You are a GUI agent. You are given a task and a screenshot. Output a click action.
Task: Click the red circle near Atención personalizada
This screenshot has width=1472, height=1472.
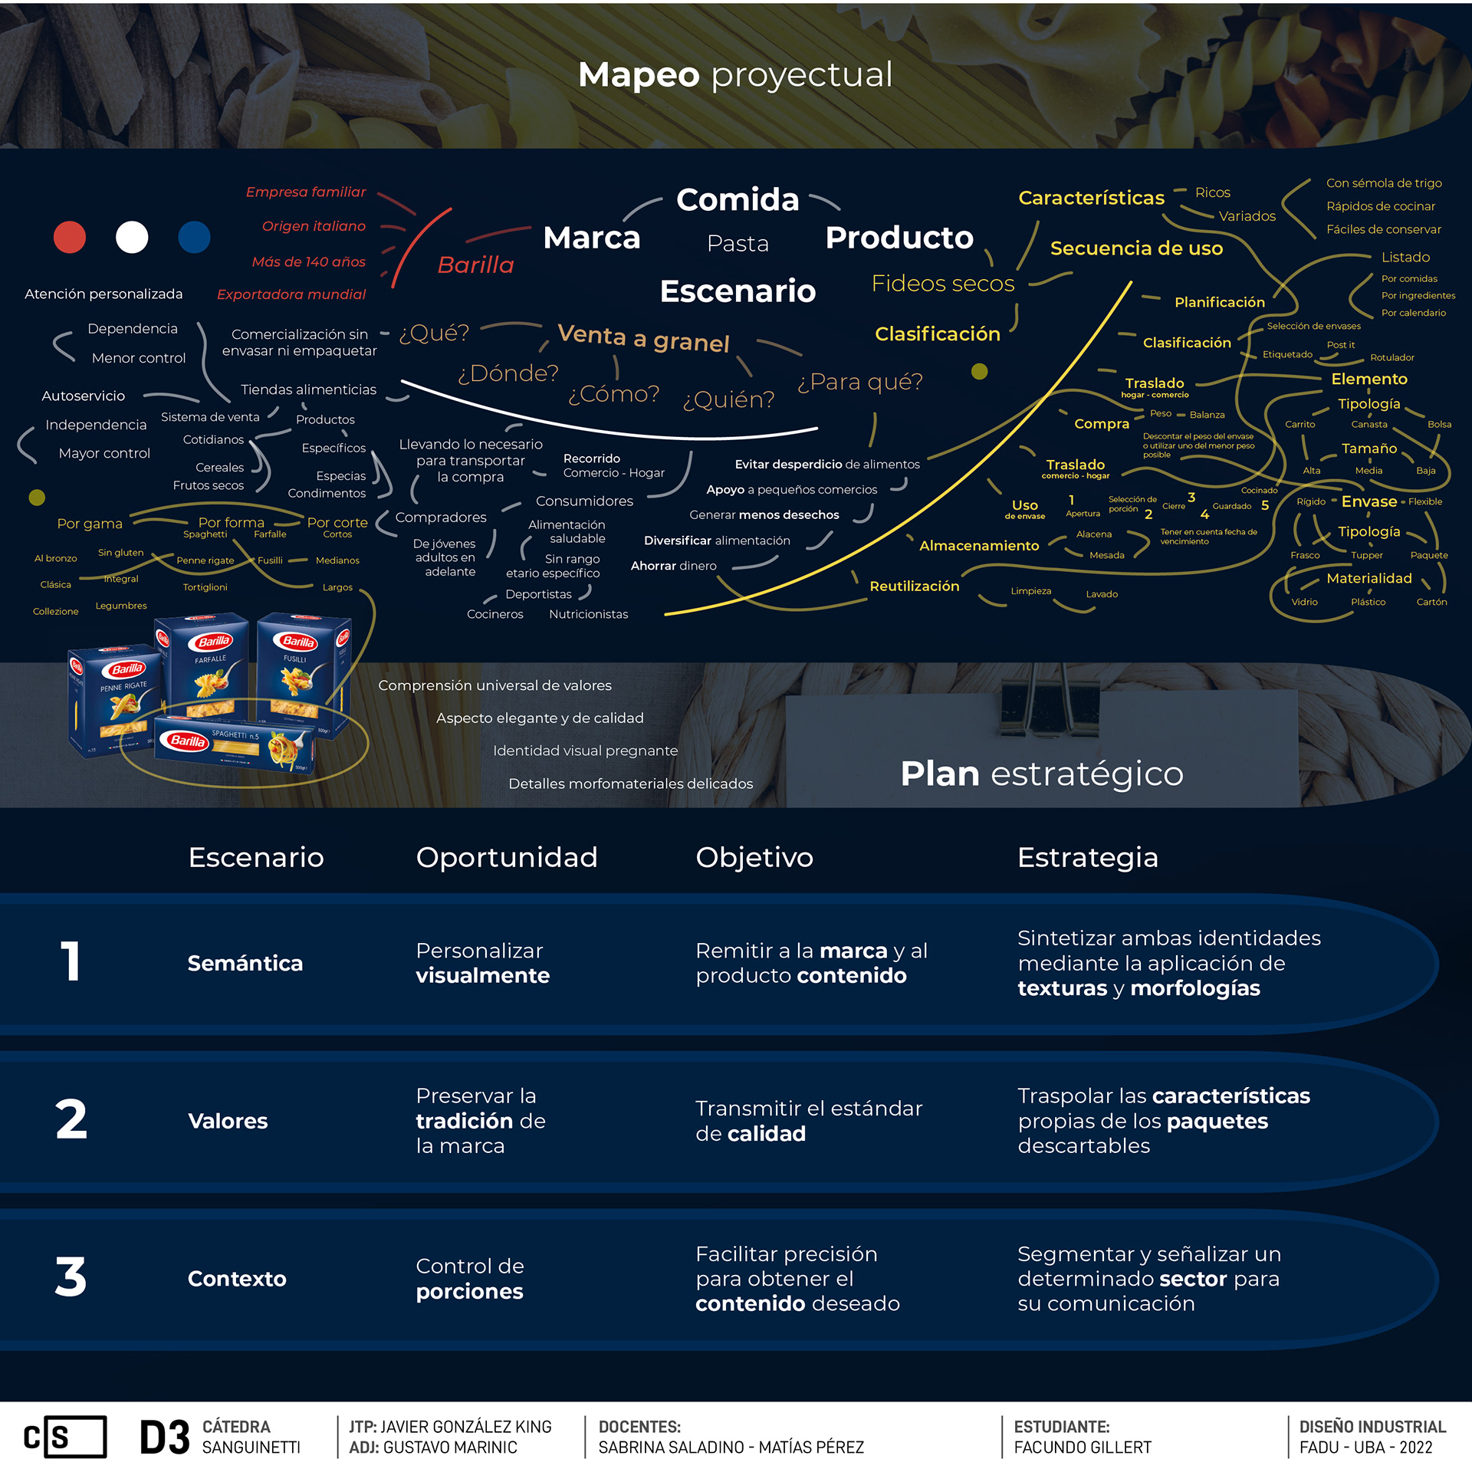pyautogui.click(x=70, y=237)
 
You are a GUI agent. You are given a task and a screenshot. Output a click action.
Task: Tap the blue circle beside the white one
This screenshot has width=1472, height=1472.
pyautogui.click(x=194, y=237)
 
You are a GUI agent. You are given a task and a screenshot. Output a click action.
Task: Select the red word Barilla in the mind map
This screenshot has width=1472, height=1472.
pyautogui.click(x=475, y=264)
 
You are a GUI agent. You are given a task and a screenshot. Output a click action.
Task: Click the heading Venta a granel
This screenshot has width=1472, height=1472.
pyautogui.click(x=643, y=338)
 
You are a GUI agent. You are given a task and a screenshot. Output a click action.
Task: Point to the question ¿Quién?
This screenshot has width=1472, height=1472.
pyautogui.click(x=728, y=399)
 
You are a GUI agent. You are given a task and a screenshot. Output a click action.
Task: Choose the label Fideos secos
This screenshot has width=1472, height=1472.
pyautogui.click(x=942, y=284)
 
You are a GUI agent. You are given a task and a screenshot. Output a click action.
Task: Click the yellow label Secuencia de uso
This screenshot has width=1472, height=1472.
pyautogui.click(x=1136, y=248)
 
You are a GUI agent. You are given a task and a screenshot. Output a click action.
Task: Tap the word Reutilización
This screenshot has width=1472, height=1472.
pyautogui.click(x=914, y=586)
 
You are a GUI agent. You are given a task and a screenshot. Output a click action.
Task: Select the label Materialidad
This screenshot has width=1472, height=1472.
pyautogui.click(x=1368, y=578)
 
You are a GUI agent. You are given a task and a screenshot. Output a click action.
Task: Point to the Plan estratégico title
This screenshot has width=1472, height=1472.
pyautogui.click(x=1041, y=774)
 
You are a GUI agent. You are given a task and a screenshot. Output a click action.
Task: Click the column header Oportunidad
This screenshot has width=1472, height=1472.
pyautogui.click(x=506, y=857)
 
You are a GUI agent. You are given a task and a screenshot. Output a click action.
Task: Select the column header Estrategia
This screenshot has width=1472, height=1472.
pyautogui.click(x=1087, y=857)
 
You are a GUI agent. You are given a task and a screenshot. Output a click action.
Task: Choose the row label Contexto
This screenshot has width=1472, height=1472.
pyautogui.click(x=237, y=1279)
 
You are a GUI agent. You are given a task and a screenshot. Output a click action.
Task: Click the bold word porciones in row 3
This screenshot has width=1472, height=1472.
pyautogui.click(x=469, y=1292)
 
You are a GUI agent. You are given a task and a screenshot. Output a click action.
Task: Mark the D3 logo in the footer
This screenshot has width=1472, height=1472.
pyautogui.click(x=164, y=1437)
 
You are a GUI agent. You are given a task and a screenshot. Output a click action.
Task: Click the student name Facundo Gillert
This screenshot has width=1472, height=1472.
pyautogui.click(x=1083, y=1447)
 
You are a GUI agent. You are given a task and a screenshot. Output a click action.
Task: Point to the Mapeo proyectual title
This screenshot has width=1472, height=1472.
pyautogui.click(x=735, y=74)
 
